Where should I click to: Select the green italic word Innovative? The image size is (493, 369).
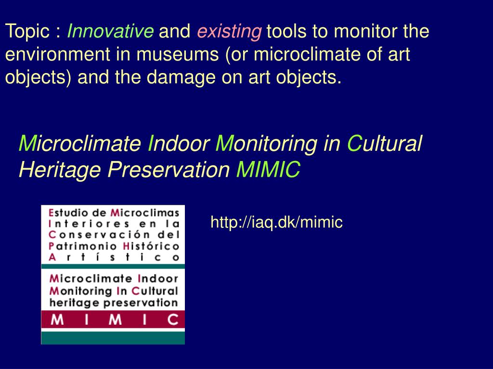click(x=110, y=32)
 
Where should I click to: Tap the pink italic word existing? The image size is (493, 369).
click(x=229, y=32)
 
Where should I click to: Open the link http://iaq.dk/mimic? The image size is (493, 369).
click(x=276, y=222)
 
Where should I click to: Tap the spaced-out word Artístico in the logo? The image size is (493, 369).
click(x=114, y=258)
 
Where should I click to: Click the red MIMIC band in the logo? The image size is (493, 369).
click(x=113, y=320)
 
